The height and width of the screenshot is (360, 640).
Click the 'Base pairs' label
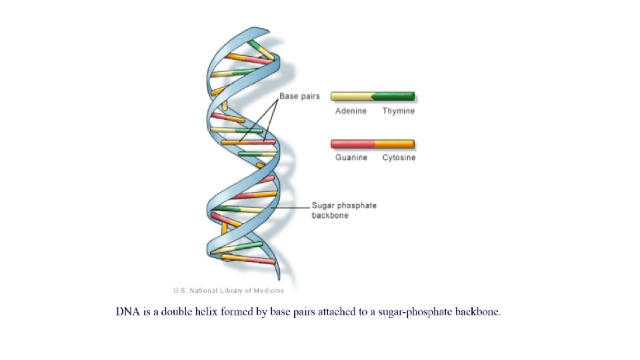[x=299, y=96]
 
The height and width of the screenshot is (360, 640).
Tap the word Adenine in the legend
[x=350, y=111]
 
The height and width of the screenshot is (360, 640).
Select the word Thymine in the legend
[x=398, y=111]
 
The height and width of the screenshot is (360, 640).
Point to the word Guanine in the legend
[x=351, y=157]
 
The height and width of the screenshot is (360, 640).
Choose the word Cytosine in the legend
[x=399, y=157]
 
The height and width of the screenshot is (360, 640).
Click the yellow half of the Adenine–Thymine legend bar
[x=351, y=97]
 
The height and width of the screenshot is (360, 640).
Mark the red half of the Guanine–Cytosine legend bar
[x=353, y=143]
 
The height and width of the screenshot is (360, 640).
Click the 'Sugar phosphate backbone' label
[x=344, y=210]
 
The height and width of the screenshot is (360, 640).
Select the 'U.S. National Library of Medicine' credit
[x=229, y=290]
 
